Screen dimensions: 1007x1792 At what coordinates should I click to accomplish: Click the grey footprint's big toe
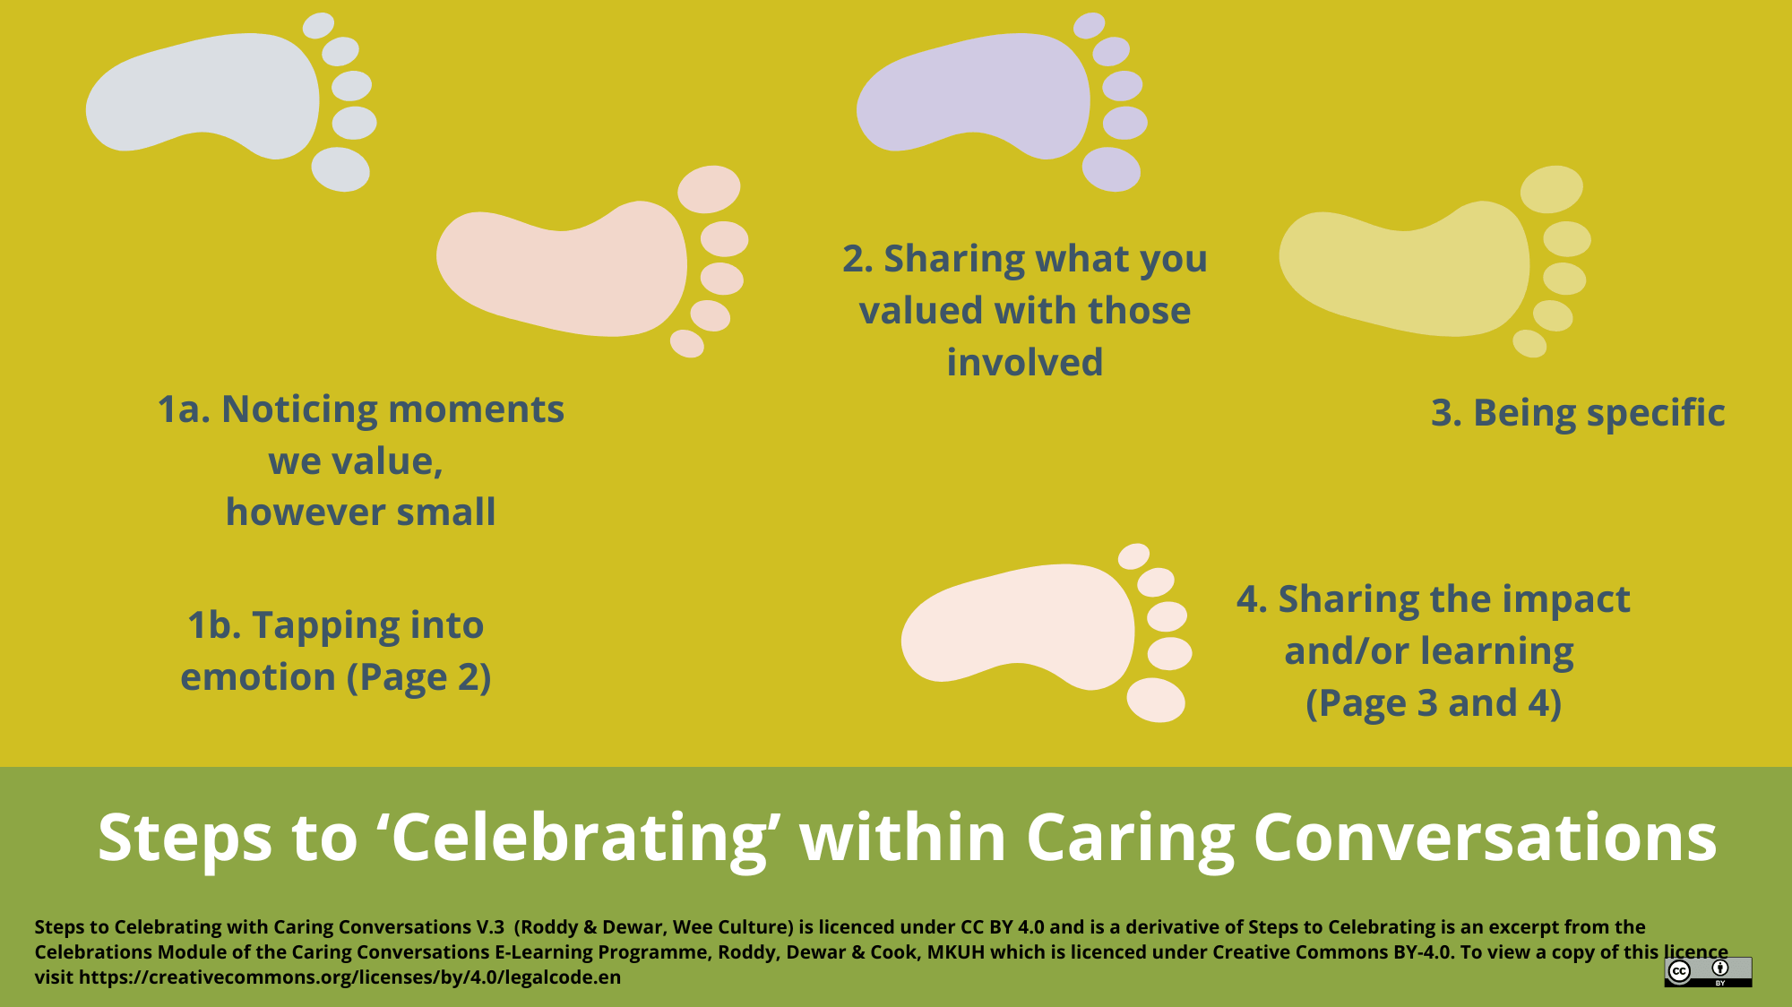[340, 169]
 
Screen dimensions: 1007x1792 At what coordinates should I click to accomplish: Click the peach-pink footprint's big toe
[709, 188]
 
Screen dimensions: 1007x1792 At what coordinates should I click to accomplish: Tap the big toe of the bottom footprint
[1156, 700]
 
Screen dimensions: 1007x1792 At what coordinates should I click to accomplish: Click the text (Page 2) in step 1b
[419, 678]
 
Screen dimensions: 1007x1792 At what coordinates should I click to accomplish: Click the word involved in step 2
[1024, 363]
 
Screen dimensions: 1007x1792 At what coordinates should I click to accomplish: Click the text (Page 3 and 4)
[1433, 703]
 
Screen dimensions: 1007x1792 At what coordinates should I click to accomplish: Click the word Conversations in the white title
[1485, 838]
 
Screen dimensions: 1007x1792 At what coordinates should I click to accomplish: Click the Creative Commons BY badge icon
[1708, 971]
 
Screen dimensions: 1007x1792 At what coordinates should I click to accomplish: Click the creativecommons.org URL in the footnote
[349, 977]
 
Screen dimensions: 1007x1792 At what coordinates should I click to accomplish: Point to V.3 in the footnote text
[490, 927]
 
